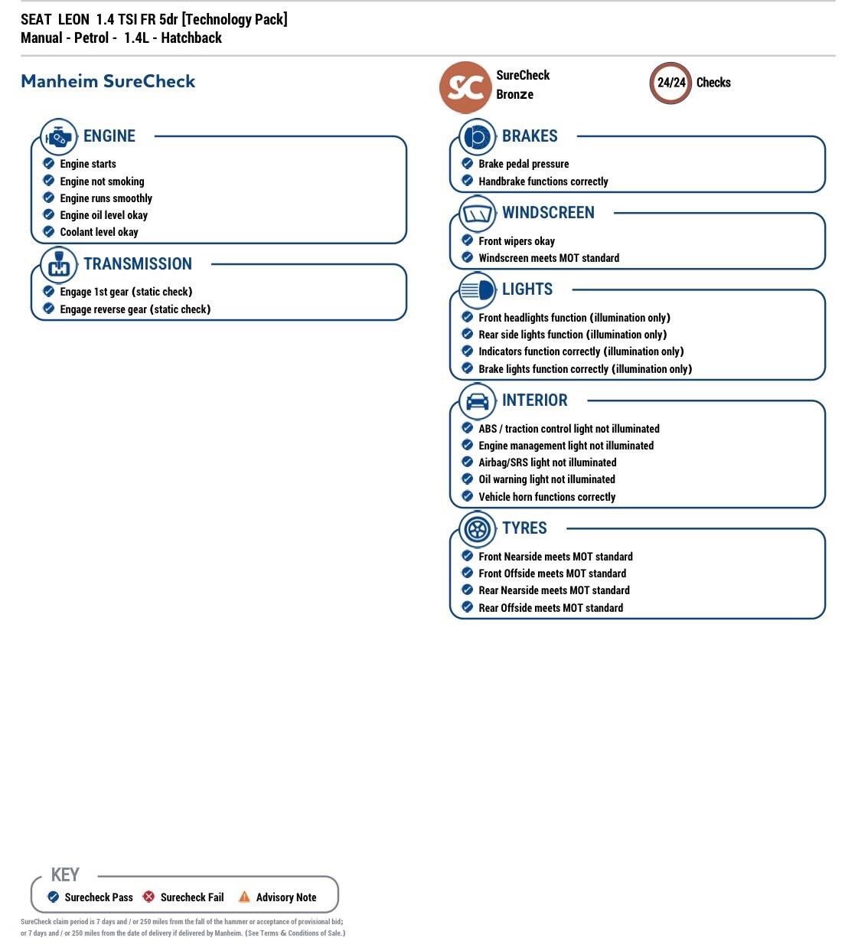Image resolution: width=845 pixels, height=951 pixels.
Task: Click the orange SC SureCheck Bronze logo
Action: (x=465, y=87)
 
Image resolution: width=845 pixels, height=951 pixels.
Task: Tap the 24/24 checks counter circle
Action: (x=670, y=83)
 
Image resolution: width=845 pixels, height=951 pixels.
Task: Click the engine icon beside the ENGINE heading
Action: (x=58, y=138)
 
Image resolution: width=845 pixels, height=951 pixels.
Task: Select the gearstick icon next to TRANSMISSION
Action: (x=58, y=265)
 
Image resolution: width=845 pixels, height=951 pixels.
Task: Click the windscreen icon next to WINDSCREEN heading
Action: (x=477, y=214)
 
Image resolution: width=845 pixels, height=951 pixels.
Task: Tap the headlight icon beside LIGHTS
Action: (x=477, y=291)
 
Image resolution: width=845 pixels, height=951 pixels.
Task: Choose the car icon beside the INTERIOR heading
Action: (x=477, y=401)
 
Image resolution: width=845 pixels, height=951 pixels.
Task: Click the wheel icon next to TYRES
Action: (x=477, y=529)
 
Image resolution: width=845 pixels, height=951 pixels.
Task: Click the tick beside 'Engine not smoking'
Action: (x=49, y=181)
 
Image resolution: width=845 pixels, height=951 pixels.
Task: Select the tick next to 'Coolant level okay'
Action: (x=49, y=231)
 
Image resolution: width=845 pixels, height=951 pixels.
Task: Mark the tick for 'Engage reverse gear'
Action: (x=49, y=309)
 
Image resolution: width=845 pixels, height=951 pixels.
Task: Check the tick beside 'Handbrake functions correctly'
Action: (x=468, y=181)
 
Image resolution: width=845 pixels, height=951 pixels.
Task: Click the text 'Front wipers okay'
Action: (x=517, y=241)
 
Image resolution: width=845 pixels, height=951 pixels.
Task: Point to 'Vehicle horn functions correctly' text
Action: (x=546, y=497)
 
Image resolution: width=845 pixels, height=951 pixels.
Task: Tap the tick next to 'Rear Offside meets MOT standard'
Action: (x=468, y=607)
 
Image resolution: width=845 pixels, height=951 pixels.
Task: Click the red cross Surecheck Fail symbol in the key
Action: (x=148, y=897)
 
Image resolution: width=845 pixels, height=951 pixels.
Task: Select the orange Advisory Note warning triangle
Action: (x=244, y=897)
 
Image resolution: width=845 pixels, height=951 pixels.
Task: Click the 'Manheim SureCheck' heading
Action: (x=108, y=81)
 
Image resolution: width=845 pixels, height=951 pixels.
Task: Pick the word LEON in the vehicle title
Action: (x=73, y=19)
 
